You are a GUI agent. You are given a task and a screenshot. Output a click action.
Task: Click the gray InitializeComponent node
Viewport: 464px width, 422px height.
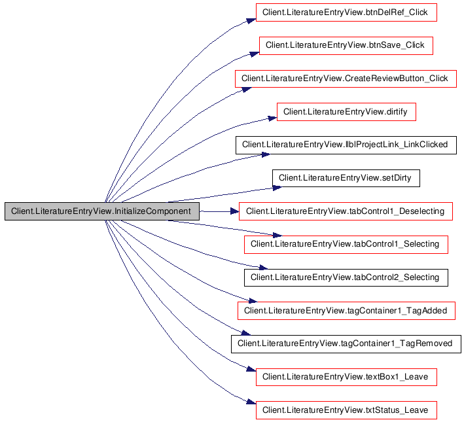click(x=101, y=212)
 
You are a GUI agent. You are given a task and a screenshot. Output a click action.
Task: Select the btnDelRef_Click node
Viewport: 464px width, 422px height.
click(x=345, y=12)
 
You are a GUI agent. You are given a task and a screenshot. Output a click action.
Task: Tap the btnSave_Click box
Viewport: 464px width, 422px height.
click(x=346, y=45)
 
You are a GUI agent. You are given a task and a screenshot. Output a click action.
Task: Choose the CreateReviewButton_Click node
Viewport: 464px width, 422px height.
click(x=345, y=79)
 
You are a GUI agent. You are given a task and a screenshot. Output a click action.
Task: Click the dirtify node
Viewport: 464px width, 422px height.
click(x=346, y=112)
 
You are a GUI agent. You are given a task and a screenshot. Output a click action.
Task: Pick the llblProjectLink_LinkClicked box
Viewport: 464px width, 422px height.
click(x=345, y=145)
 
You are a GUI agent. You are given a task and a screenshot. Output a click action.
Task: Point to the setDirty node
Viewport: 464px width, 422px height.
click(x=345, y=178)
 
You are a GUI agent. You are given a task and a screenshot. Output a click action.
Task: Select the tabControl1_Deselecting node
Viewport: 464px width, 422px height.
click(x=345, y=211)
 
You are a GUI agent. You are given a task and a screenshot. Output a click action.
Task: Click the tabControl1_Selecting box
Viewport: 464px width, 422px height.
click(x=345, y=245)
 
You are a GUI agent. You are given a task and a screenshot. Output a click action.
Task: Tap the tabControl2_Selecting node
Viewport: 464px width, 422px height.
click(x=345, y=277)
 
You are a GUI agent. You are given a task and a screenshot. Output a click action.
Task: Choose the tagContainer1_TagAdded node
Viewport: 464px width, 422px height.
click(x=345, y=311)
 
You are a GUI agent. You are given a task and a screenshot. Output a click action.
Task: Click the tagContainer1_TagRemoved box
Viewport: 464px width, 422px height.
click(x=345, y=343)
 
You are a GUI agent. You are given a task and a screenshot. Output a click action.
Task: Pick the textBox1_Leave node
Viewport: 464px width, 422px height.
click(x=345, y=377)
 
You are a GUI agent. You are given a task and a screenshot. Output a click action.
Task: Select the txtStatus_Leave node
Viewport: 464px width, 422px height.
click(x=345, y=410)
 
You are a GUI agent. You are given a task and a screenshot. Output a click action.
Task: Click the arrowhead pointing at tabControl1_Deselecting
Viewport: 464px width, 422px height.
click(x=234, y=211)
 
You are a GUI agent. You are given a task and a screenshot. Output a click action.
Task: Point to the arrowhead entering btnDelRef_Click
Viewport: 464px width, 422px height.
click(x=251, y=20)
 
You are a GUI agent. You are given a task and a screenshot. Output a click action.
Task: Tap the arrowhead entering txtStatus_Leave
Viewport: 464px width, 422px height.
click(x=250, y=402)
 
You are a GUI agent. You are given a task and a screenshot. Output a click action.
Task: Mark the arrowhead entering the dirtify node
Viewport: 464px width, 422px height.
click(x=272, y=118)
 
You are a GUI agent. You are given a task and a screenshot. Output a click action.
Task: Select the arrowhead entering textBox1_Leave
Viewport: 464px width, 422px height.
click(x=251, y=370)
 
